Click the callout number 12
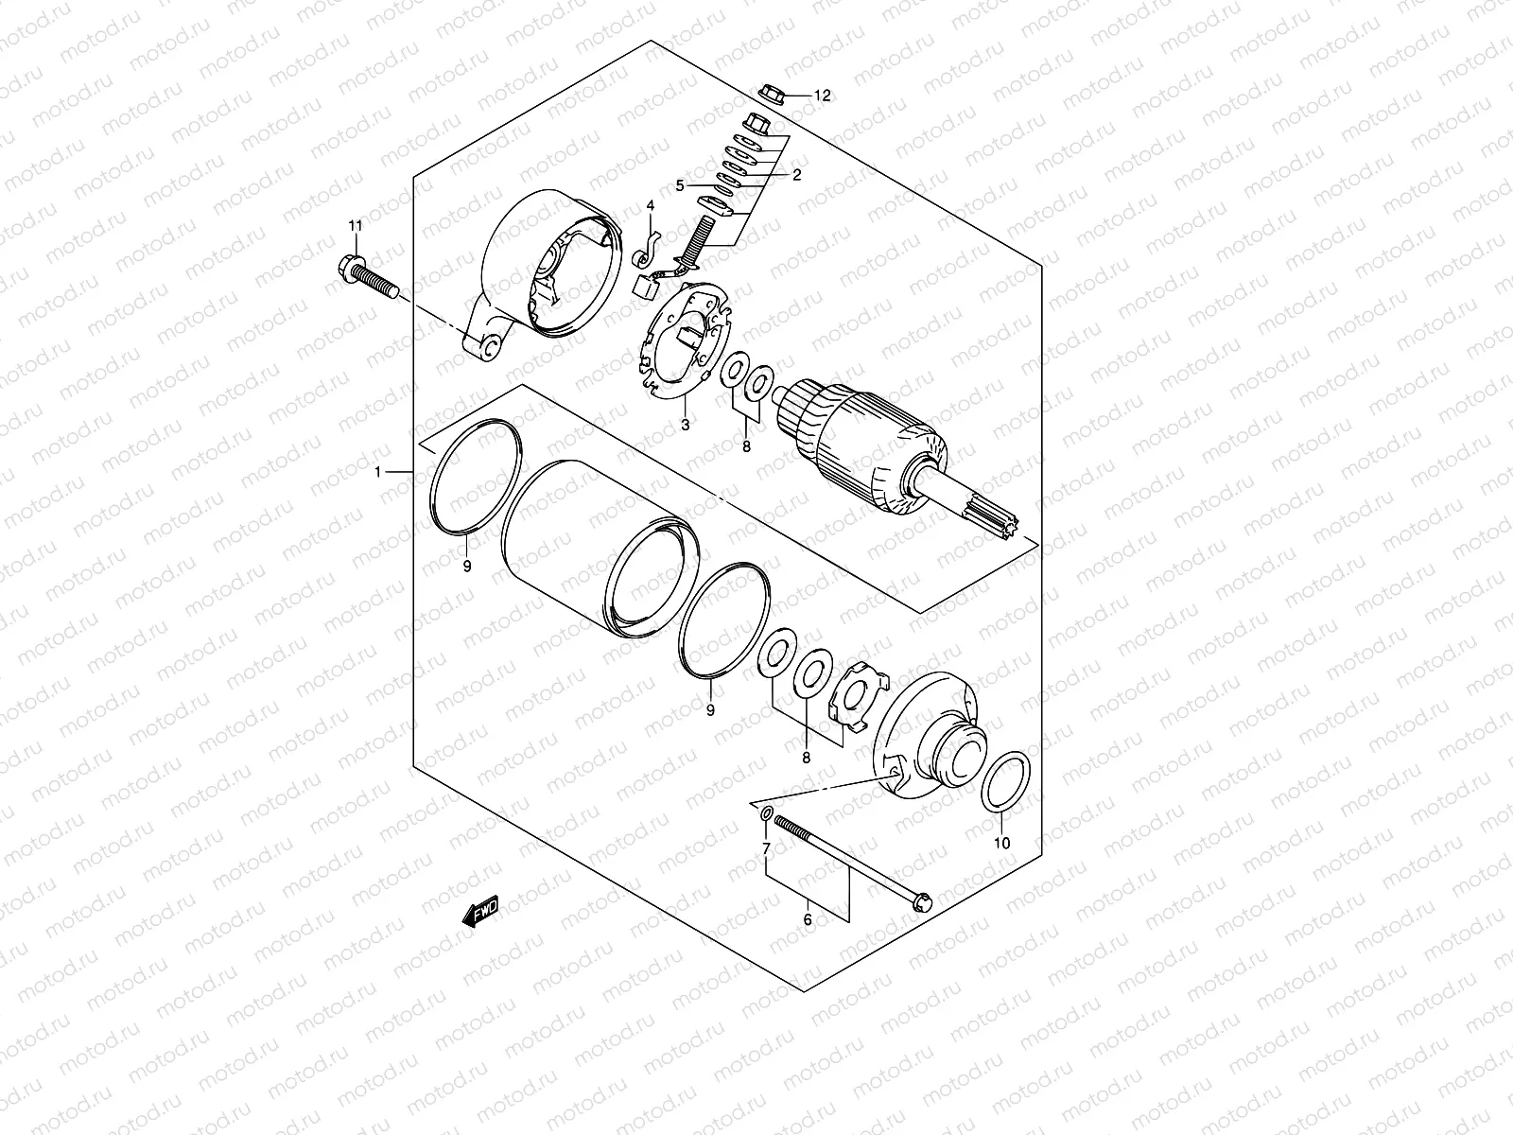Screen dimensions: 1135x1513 click(821, 96)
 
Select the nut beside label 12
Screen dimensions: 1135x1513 click(770, 93)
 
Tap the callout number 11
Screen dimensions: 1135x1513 click(355, 225)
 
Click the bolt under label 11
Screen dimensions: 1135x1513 click(364, 275)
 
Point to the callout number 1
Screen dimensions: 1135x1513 click(378, 471)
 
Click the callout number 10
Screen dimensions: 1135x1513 click(1002, 842)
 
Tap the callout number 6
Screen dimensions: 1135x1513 click(808, 917)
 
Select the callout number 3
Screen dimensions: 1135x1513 click(686, 425)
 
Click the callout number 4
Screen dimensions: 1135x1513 click(651, 205)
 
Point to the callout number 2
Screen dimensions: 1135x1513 click(796, 174)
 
